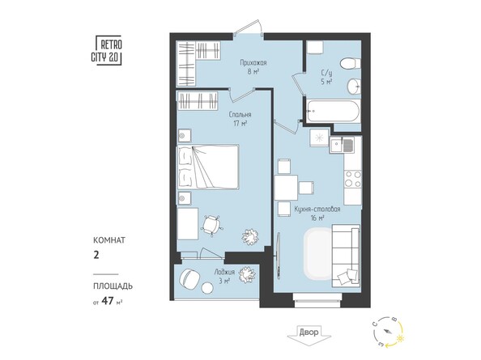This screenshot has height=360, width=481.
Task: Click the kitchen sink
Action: pos(347,146)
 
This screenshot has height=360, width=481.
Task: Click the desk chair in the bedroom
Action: pos(212,223)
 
